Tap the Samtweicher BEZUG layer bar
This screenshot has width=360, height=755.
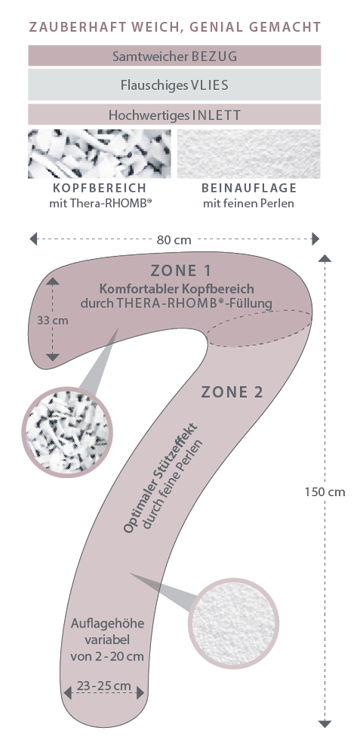[x=174, y=56]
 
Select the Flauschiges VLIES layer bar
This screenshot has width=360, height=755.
[x=174, y=85]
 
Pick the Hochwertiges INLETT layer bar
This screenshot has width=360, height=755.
[x=174, y=115]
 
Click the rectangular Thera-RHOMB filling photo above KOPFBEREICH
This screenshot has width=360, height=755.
[x=100, y=153]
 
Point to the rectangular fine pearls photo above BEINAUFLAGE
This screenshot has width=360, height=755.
[x=249, y=153]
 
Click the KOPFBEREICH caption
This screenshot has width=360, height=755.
[x=100, y=188]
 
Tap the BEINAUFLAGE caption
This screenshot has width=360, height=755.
[x=249, y=188]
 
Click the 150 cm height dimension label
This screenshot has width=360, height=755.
[x=325, y=492]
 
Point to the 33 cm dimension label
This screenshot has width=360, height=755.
[x=53, y=319]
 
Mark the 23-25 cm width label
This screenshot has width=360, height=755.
[x=103, y=686]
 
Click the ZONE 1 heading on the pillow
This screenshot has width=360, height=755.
[x=180, y=270]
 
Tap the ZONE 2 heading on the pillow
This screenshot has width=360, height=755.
[x=232, y=393]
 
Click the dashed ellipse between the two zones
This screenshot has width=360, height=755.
[x=207, y=332]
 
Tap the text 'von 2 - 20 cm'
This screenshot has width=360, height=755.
[x=107, y=656]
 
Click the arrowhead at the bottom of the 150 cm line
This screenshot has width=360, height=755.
[x=325, y=723]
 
